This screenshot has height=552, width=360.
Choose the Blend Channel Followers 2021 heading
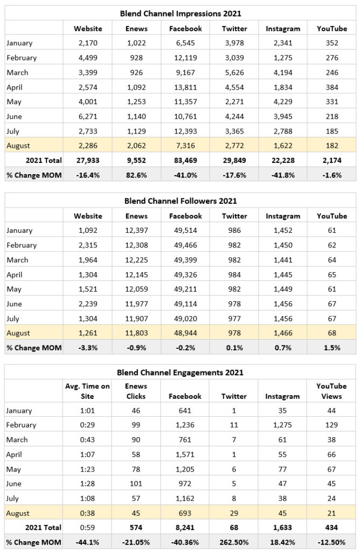[x=181, y=201]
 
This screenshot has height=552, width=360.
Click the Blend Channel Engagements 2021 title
[x=181, y=372]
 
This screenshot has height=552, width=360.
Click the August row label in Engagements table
[x=18, y=513]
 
